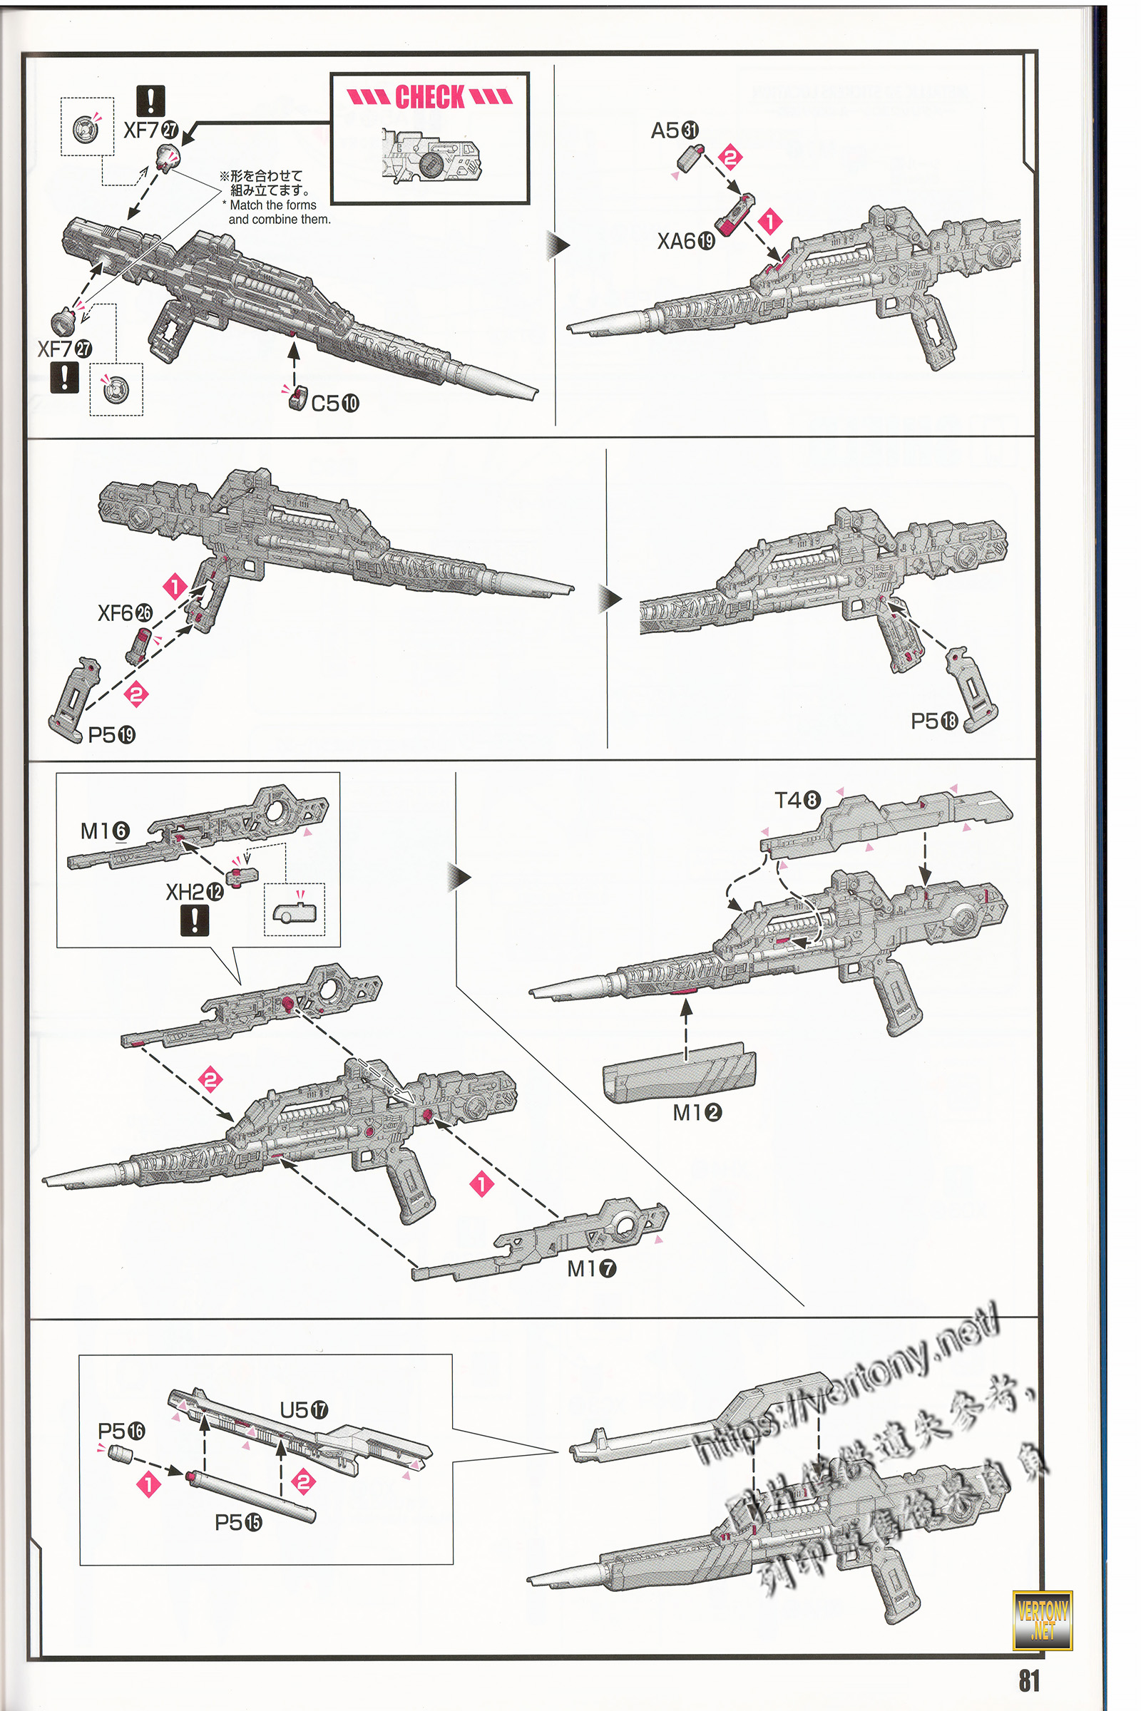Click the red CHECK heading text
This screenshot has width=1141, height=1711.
pos(429,97)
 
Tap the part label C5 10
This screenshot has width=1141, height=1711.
pos(334,403)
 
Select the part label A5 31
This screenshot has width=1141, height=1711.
pos(674,131)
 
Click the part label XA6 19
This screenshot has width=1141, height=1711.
pos(685,241)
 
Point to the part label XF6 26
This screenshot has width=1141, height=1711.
pos(126,613)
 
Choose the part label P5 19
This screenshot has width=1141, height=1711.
pos(111,735)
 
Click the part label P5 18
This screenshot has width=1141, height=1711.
pos(934,721)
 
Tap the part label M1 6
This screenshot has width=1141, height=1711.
pos(105,831)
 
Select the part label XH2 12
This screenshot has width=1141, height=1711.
pos(194,892)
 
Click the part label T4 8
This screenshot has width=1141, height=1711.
pos(797,800)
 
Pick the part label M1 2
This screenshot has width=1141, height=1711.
pos(697,1112)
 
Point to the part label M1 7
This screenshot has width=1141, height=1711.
pos(592,1269)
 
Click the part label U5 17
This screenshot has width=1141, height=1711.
pos(304,1410)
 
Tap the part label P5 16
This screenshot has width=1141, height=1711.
pos(121,1431)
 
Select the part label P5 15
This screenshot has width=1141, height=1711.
pos(239,1523)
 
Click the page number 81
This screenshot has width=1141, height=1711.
pos(1029,1680)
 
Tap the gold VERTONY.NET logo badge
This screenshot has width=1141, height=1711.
pos(1042,1620)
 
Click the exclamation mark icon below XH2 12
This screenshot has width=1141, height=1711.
pos(194,920)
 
